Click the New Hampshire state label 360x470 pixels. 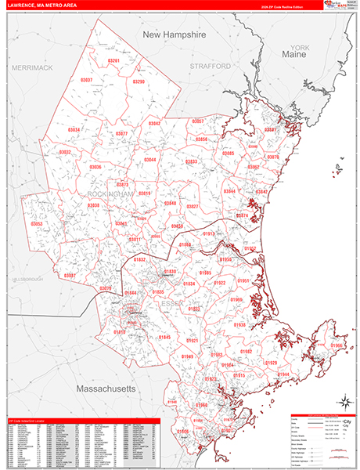click(x=173, y=36)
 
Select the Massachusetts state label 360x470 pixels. click(x=106, y=389)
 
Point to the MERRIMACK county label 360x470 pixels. click(x=31, y=68)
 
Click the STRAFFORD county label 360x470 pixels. click(x=210, y=67)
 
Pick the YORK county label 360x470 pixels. click(x=301, y=48)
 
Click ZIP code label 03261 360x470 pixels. click(x=114, y=60)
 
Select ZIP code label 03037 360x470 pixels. click(x=85, y=80)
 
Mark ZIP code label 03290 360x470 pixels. click(x=139, y=81)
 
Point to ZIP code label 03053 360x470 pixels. click(x=37, y=224)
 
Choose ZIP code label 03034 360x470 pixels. click(x=74, y=129)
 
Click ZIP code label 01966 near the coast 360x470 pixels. click(x=337, y=345)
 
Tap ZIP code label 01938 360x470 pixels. click(x=239, y=324)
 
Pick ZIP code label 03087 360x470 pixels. click(x=70, y=276)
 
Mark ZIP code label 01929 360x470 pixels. click(x=272, y=363)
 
